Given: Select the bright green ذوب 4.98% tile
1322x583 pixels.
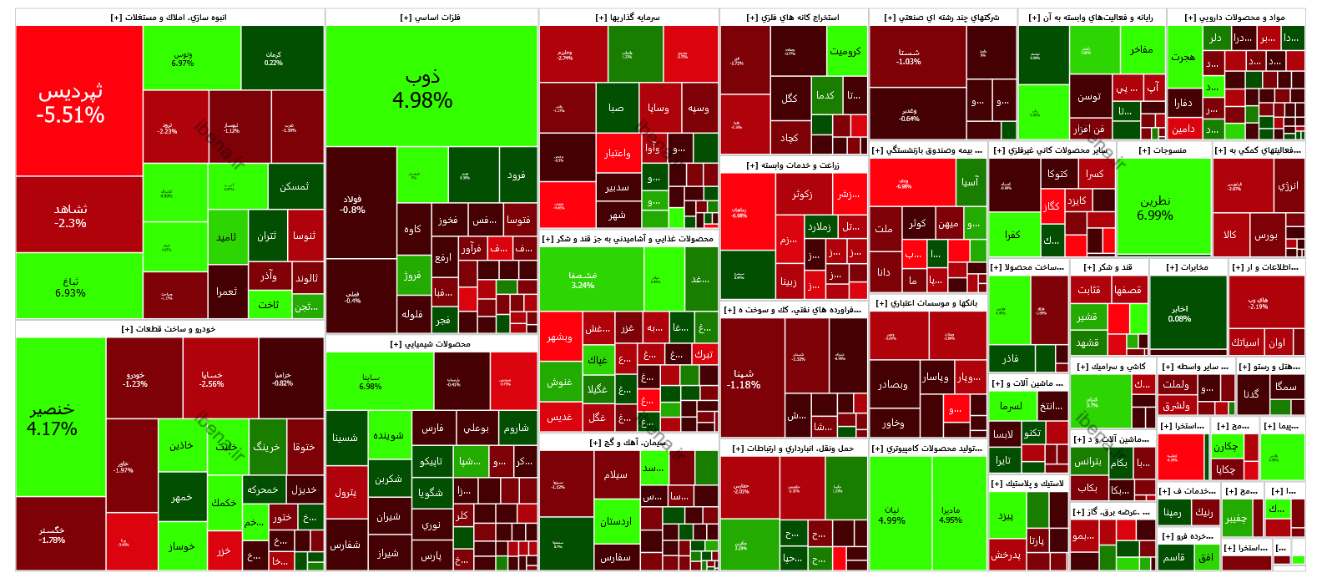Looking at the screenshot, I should pos(431,88).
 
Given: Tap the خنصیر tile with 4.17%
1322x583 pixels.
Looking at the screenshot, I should pos(60,418).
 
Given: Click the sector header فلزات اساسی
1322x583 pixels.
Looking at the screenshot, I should pos(431,17).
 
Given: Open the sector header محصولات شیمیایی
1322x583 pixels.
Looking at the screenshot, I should pos(431,344).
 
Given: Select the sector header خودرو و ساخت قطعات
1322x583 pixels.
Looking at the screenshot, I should pos(169,329).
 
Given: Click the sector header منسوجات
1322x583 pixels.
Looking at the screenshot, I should pos(1163,150).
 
